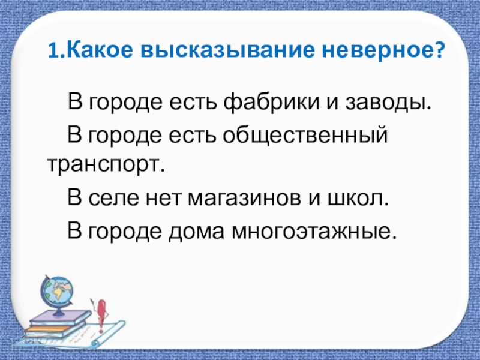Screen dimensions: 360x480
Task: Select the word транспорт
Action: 104,164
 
